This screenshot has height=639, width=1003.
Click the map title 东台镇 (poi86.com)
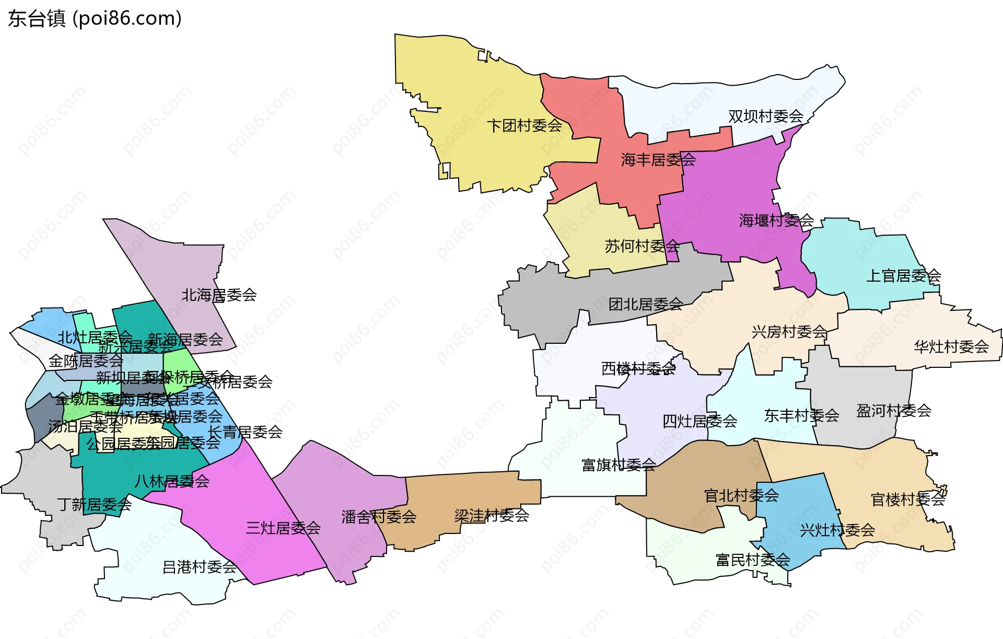95,18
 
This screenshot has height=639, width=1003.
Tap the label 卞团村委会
524,125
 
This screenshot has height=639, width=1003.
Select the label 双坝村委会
765,116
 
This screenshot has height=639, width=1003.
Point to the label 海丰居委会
658,159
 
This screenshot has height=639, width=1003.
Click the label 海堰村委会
776,220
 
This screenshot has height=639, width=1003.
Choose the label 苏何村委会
642,246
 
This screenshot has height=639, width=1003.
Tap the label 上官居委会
903,275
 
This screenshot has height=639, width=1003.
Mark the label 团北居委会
646,304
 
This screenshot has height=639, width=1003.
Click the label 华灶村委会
951,346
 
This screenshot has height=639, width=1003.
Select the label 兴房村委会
789,331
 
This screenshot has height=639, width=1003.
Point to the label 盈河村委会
893,411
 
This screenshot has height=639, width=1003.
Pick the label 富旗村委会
619,464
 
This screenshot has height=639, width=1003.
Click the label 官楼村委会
908,499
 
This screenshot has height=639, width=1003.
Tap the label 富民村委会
752,560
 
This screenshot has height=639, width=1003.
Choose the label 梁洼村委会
491,516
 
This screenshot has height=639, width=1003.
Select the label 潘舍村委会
379,517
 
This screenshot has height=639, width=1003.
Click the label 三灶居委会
283,528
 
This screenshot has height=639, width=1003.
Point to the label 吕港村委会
200,567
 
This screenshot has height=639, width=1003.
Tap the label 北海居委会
219,295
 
